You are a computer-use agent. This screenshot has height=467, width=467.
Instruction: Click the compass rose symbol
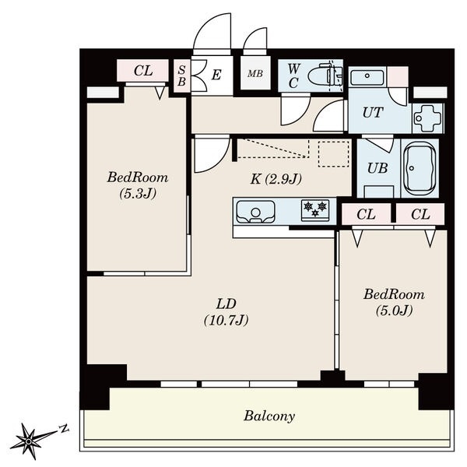[x=29, y=441]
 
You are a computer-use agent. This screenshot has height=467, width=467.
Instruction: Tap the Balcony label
[x=269, y=416]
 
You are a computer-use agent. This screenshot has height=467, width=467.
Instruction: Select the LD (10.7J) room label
[x=226, y=312]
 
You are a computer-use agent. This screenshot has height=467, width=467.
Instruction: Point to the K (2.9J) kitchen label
[x=276, y=179]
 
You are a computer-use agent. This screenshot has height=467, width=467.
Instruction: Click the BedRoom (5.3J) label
[x=138, y=185]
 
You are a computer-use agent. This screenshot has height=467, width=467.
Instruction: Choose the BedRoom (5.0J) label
[x=394, y=302]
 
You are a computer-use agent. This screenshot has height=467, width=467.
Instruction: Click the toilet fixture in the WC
[x=325, y=75]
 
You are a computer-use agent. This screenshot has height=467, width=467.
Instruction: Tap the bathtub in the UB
[x=420, y=168]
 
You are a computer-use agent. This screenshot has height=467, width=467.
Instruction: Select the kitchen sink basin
[x=255, y=212]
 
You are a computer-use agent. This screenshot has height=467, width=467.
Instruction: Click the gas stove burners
[x=315, y=210]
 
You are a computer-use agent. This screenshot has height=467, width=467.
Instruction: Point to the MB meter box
[x=255, y=73]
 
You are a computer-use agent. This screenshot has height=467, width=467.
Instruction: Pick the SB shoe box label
[x=181, y=75]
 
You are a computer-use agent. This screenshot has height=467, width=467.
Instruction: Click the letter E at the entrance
[x=216, y=75]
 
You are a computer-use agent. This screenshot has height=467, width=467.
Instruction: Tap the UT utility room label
[x=373, y=113]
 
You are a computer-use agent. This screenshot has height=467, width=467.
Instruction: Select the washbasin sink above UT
[x=367, y=77]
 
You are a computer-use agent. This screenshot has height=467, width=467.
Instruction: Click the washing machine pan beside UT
[x=427, y=118]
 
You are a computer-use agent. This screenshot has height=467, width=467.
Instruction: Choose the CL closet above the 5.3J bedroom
[x=143, y=71]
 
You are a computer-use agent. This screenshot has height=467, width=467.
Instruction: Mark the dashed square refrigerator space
[x=334, y=153]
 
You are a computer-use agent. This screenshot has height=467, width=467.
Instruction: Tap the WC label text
[x=293, y=76]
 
